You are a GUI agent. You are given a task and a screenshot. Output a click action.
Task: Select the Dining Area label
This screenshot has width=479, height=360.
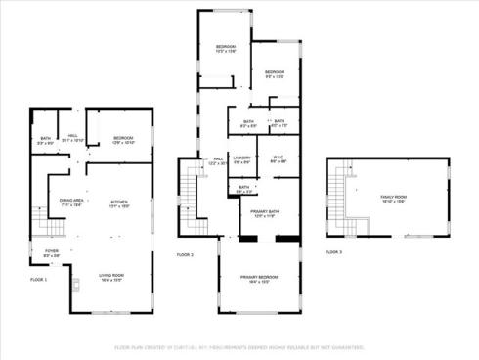70,202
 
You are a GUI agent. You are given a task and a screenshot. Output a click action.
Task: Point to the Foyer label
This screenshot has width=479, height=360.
51,253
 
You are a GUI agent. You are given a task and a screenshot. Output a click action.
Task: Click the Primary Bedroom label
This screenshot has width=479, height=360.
259,279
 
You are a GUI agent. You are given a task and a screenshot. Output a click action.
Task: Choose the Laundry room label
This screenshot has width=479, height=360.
242,159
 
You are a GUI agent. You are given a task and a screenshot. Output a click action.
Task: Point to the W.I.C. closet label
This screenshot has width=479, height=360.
278,159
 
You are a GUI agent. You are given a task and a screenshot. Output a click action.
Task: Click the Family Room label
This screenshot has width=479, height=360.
393,200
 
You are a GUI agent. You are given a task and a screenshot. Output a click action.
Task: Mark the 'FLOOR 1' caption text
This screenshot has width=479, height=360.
38,280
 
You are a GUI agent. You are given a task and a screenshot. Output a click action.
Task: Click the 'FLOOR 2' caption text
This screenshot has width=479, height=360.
185,254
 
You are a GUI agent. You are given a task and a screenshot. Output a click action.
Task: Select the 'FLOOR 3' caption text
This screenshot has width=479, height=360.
333,251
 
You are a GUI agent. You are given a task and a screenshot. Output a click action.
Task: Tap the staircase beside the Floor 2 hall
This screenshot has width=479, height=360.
191,191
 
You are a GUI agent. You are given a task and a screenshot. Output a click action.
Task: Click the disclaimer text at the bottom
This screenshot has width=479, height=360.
239,346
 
